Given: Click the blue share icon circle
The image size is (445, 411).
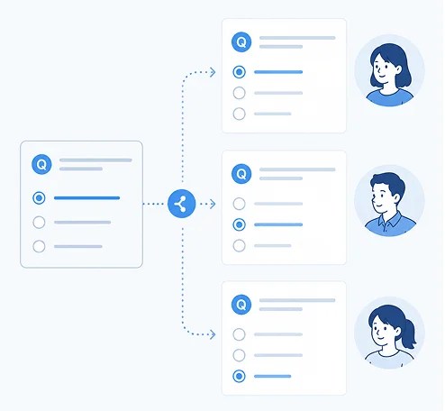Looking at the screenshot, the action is pyautogui.click(x=182, y=204).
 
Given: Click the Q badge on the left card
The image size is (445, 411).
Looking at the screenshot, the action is pyautogui.click(x=41, y=164).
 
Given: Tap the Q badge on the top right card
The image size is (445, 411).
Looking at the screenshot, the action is pyautogui.click(x=241, y=41).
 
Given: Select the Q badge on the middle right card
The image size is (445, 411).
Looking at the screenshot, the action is pyautogui.click(x=241, y=174).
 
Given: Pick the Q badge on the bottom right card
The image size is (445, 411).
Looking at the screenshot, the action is pyautogui.click(x=241, y=305).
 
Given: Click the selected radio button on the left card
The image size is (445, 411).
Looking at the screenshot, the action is pyautogui.click(x=39, y=198).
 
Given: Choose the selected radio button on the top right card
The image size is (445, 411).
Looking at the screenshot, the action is pyautogui.click(x=240, y=72).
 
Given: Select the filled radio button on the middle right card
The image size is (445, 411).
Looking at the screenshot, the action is pyautogui.click(x=240, y=224).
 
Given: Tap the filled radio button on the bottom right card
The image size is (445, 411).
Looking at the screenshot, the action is pyautogui.click(x=240, y=376).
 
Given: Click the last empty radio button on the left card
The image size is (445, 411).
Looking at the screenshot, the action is pyautogui.click(x=39, y=246).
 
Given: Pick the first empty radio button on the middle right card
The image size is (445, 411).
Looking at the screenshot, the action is pyautogui.click(x=240, y=204).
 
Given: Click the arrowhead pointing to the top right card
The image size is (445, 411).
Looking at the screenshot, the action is pyautogui.click(x=213, y=72).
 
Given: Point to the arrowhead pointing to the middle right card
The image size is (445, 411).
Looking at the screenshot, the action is pyautogui.click(x=213, y=204).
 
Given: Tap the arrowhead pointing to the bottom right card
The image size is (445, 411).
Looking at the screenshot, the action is pyautogui.click(x=213, y=334).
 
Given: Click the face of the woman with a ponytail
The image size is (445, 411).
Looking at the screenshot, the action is pyautogui.click(x=383, y=332).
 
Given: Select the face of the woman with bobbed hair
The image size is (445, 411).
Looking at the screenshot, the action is pyautogui.click(x=385, y=68).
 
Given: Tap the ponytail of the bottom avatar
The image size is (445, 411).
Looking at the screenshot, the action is pyautogui.click(x=408, y=333).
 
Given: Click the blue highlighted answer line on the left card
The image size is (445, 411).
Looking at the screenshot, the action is pyautogui.click(x=86, y=198).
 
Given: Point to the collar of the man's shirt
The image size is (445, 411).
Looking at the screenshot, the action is pyautogui.click(x=389, y=219).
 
